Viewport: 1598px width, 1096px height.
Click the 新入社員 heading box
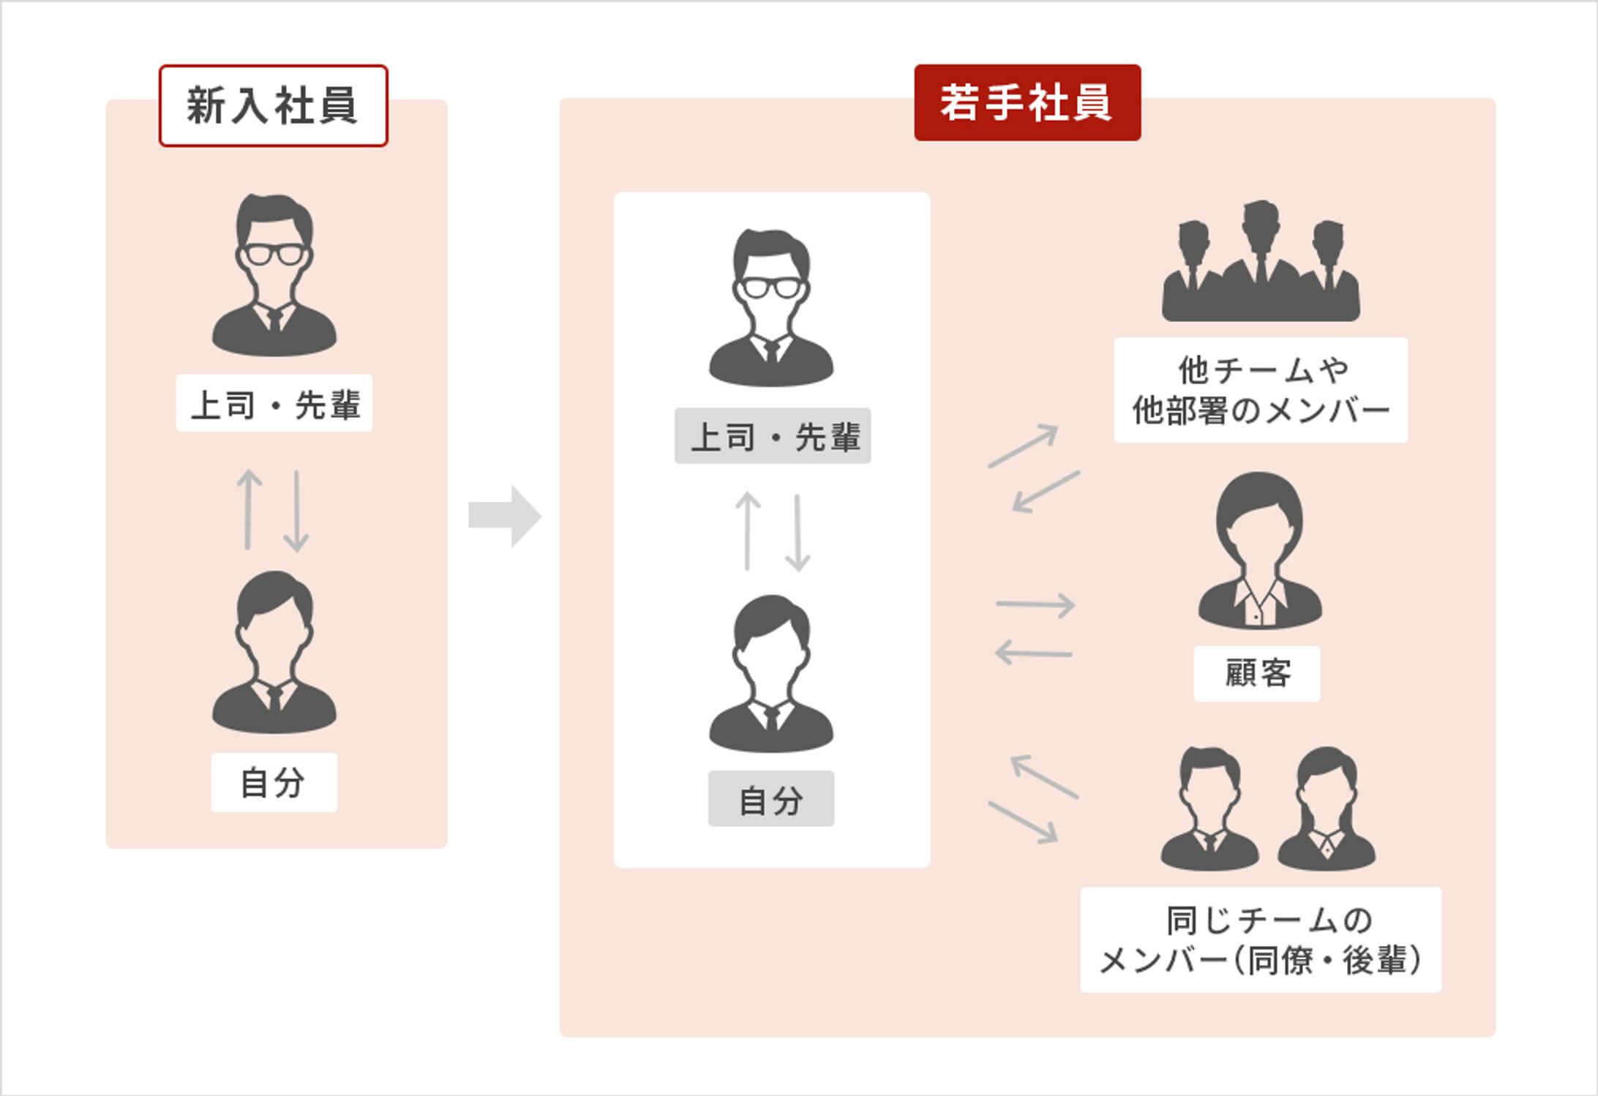point(273,106)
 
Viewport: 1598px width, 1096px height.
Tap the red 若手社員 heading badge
point(1027,102)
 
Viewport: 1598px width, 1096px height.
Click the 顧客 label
point(1257,673)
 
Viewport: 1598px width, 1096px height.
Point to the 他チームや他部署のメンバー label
point(1260,390)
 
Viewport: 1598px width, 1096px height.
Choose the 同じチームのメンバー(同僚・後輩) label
point(1260,939)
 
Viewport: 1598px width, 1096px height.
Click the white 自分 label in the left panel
point(274,782)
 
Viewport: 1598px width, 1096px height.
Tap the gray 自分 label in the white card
point(770,799)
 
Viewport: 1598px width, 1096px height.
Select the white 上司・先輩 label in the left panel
point(274,404)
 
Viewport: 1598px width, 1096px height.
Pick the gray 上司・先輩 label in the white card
point(773,436)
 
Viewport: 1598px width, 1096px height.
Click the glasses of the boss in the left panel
point(274,254)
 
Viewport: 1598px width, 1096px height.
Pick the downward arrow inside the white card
point(798,532)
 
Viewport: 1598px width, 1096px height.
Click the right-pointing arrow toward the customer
point(1035,604)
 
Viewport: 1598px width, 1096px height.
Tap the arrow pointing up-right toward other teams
point(1023,445)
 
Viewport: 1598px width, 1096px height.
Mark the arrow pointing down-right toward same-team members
point(1023,822)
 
